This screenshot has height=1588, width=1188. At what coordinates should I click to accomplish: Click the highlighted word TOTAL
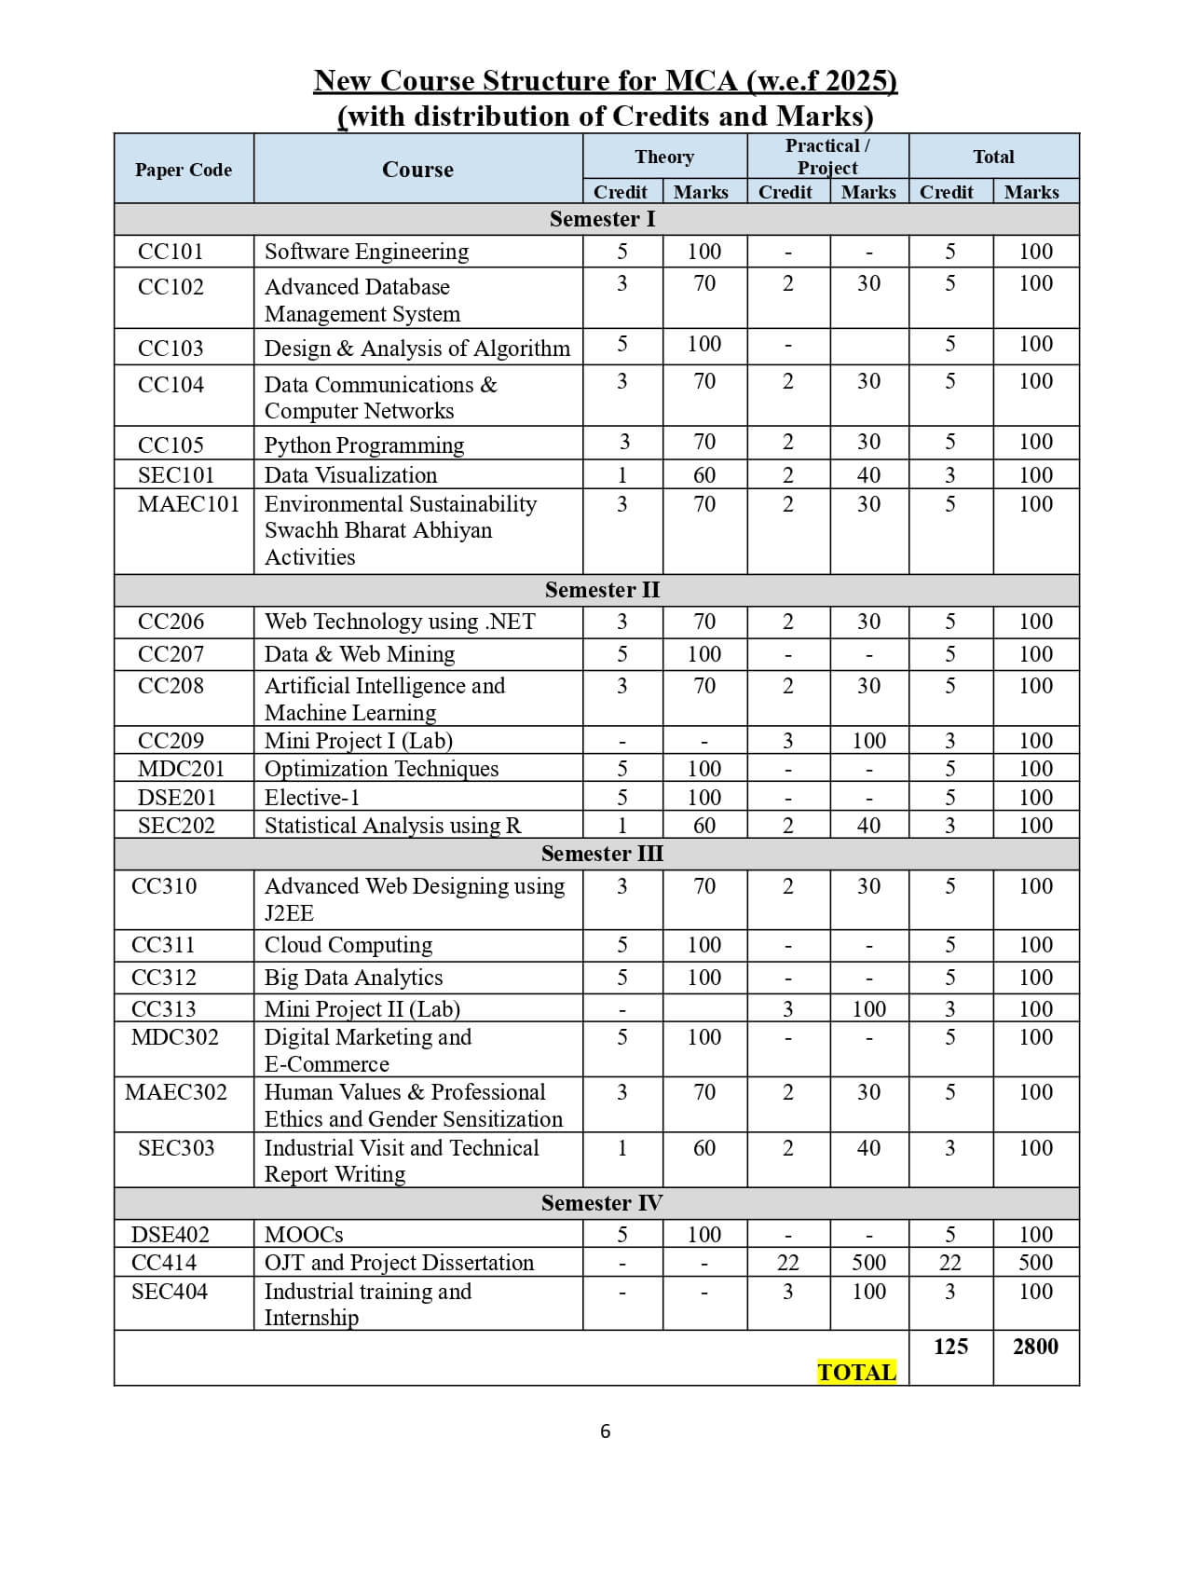856,1372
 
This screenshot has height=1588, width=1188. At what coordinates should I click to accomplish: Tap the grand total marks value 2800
1035,1346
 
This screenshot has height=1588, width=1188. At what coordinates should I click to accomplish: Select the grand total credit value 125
950,1346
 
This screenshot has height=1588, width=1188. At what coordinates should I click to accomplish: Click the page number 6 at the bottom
606,1431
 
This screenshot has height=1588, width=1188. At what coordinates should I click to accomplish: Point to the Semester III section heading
602,854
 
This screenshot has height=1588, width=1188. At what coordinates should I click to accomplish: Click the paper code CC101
171,252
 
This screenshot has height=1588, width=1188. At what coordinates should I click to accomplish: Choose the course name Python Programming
364,445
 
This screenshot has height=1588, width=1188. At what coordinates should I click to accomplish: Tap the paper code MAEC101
188,504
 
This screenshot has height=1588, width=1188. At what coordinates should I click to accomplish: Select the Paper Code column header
184,170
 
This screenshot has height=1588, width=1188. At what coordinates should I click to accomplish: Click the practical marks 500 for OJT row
868,1263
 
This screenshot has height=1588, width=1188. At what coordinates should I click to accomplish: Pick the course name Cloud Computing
348,945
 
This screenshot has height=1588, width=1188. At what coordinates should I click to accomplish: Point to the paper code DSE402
171,1235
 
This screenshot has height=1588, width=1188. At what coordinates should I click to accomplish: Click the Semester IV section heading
602,1203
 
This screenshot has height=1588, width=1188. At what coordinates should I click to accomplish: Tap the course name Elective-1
312,798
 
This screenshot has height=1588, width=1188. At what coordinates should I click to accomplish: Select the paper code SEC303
176,1148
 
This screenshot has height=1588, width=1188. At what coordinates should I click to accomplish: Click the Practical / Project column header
827,157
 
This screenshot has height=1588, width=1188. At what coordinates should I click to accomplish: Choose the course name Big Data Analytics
354,978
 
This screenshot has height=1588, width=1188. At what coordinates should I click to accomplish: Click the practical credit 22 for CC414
787,1263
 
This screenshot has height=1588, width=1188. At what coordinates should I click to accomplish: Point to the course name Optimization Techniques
382,769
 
